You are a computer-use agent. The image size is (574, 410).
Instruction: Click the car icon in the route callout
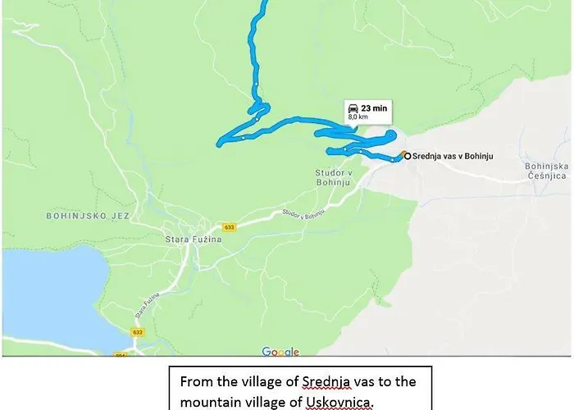[x=353, y=107]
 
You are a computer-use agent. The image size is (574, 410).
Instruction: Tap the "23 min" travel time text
[x=374, y=107]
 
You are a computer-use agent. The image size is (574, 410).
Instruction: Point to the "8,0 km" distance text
[x=358, y=118]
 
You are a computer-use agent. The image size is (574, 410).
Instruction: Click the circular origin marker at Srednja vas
[x=406, y=155]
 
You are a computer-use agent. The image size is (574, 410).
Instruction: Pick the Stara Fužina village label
[x=178, y=239]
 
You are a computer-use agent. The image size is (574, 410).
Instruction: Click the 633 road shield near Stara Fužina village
[x=229, y=226]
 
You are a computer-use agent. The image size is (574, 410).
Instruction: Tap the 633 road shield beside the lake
[x=138, y=332]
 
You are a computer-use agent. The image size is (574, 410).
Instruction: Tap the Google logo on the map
[x=280, y=352]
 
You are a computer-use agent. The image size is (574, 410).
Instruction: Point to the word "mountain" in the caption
[x=205, y=401]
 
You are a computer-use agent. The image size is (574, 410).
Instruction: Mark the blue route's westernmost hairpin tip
[x=219, y=144]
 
